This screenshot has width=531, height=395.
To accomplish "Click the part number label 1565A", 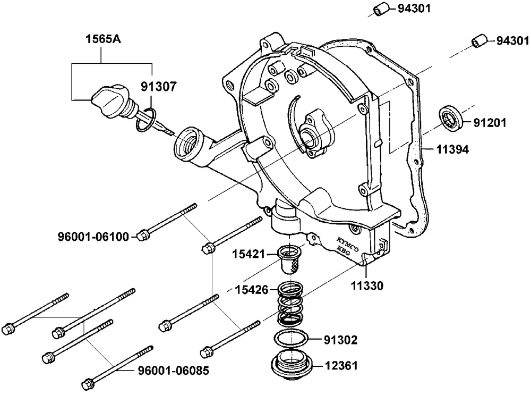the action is click(103, 39).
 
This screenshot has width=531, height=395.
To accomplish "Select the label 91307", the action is click(159, 87).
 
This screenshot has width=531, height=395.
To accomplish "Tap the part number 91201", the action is click(490, 123).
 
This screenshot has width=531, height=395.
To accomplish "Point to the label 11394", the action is click(452, 149).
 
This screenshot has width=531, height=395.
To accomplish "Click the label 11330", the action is click(367, 286).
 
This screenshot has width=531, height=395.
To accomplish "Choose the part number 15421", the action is click(248, 254).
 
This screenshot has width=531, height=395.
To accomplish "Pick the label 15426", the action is click(252, 290).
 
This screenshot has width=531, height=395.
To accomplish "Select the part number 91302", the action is click(341, 340).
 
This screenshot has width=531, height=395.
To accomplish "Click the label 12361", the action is click(341, 366).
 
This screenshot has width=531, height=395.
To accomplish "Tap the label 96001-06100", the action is click(93, 237).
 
